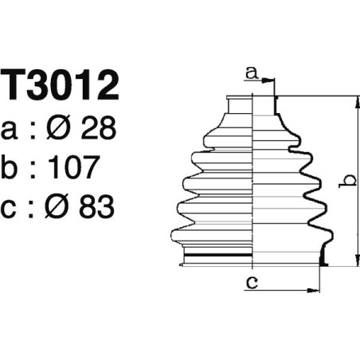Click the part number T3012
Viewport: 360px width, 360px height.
[x=61, y=87]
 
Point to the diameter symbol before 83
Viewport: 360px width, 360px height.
[x=59, y=208]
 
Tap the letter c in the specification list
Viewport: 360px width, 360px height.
[x=13, y=209]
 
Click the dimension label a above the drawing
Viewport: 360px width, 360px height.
[x=252, y=73]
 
